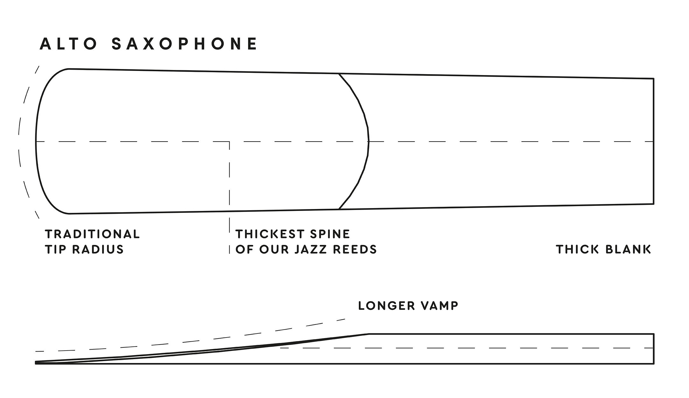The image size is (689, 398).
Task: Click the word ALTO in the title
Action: pyautogui.click(x=68, y=44)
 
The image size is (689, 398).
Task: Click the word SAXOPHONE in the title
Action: pyautogui.click(x=184, y=44)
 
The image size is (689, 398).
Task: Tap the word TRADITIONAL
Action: pyautogui.click(x=92, y=234)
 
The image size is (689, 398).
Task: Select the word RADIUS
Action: pyautogui.click(x=98, y=249)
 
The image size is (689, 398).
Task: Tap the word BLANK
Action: pyautogui.click(x=628, y=249)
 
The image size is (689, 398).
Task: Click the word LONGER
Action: pyautogui.click(x=386, y=306)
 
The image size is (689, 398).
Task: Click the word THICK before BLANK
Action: pyautogui.click(x=578, y=249)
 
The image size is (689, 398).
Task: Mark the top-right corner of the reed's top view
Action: pyautogui.click(x=654, y=79)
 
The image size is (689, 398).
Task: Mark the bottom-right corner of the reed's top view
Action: pyautogui.click(x=654, y=204)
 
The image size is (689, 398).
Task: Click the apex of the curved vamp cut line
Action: pyautogui.click(x=369, y=141)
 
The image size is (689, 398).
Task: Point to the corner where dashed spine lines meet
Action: pyautogui.click(x=229, y=142)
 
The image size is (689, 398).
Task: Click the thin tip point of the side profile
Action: pyautogui.click(x=36, y=362)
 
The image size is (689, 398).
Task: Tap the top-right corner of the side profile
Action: pyautogui.click(x=654, y=334)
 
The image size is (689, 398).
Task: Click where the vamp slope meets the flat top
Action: pyautogui.click(x=369, y=334)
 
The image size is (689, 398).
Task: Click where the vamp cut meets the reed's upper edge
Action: pyautogui.click(x=339, y=74)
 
